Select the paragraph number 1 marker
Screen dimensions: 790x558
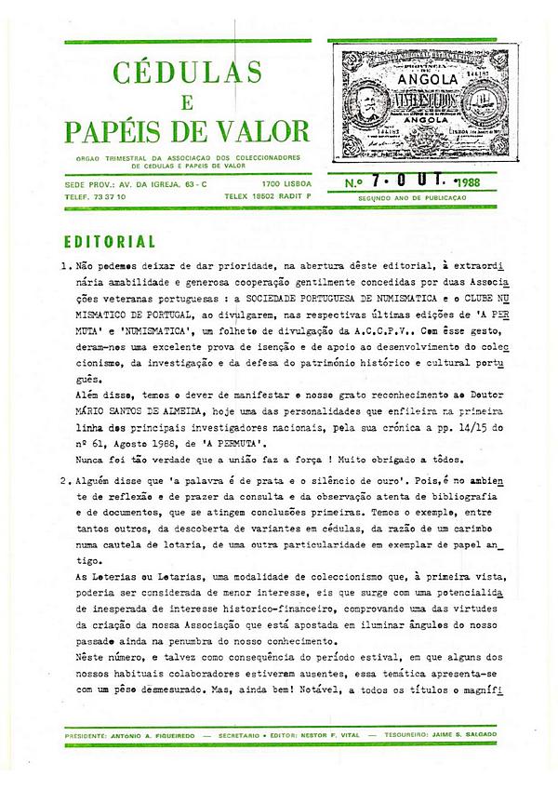[x=64, y=266]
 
